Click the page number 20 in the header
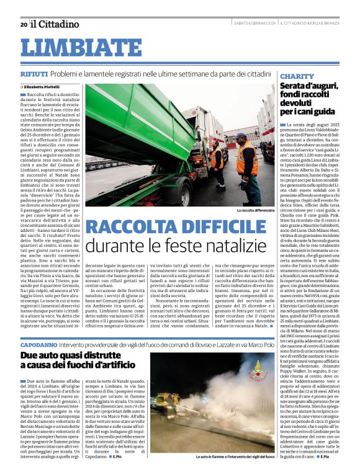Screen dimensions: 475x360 click(24, 24)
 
